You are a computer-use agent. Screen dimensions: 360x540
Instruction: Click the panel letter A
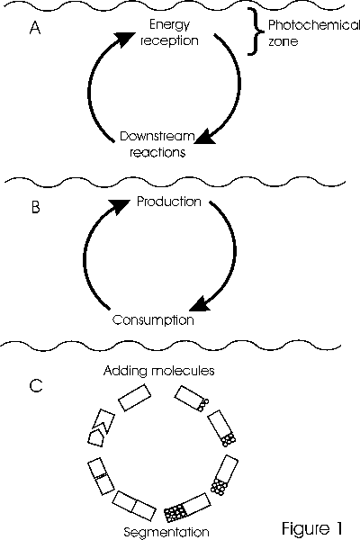pyautogui.click(x=35, y=28)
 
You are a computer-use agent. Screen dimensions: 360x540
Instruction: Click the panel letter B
pyautogui.click(x=35, y=207)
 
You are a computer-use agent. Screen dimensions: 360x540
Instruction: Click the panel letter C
pyautogui.click(x=36, y=386)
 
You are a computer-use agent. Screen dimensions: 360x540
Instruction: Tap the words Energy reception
pyautogui.click(x=169, y=32)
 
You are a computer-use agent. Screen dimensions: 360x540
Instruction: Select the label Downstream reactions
pyautogui.click(x=157, y=144)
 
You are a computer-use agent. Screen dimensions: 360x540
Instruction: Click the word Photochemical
pyautogui.click(x=314, y=25)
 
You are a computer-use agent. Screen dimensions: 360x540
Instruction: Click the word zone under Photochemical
pyautogui.click(x=283, y=41)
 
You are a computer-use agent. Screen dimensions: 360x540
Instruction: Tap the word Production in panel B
pyautogui.click(x=169, y=202)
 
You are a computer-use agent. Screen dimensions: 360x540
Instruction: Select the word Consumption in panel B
pyautogui.click(x=153, y=320)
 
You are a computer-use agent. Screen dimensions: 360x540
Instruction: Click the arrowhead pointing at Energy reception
pyautogui.click(x=123, y=38)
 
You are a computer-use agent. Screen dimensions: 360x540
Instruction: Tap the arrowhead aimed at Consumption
pyautogui.click(x=200, y=303)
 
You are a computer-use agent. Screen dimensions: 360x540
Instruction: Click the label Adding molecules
pyautogui.click(x=158, y=371)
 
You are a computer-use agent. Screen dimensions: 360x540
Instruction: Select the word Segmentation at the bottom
pyautogui.click(x=166, y=533)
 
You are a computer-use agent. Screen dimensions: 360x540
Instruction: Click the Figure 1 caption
pyautogui.click(x=312, y=528)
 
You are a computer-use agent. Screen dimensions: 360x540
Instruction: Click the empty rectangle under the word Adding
pyautogui.click(x=135, y=398)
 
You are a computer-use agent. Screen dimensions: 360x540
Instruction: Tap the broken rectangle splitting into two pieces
pyautogui.click(x=101, y=428)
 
